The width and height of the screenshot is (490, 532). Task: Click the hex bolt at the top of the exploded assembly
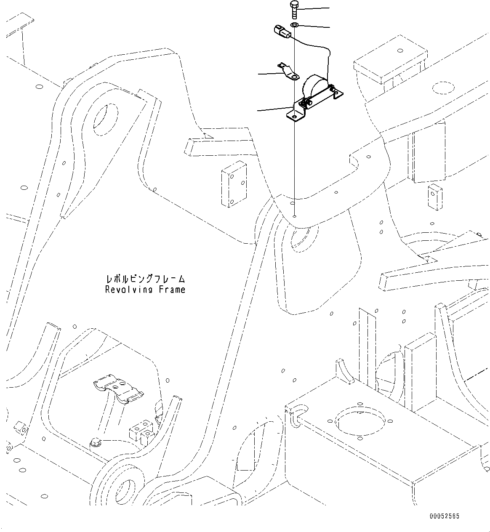click(294, 9)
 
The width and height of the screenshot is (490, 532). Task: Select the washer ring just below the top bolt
click(294, 26)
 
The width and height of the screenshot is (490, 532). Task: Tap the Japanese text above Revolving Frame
click(145, 279)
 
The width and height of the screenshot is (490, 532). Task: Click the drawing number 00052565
click(445, 516)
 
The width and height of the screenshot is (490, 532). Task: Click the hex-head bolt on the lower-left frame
click(95, 442)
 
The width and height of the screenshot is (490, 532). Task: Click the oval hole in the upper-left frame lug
click(104, 118)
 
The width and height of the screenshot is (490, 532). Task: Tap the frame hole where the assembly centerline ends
click(295, 217)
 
